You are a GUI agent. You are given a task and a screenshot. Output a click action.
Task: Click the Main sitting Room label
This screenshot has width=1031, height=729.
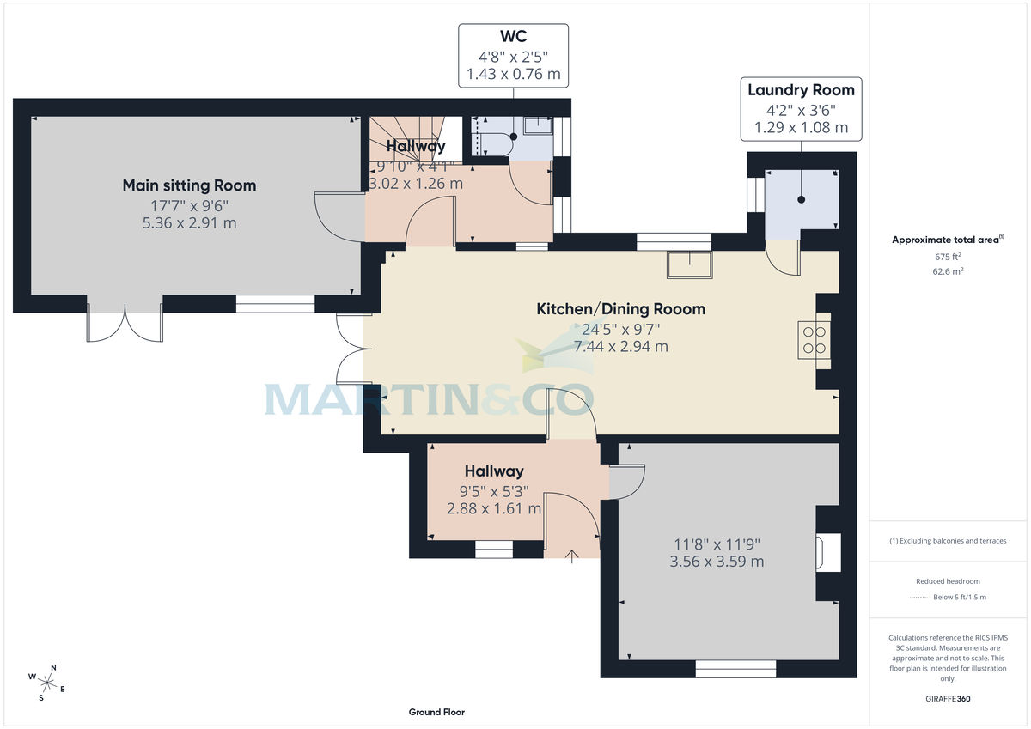tap(189, 185)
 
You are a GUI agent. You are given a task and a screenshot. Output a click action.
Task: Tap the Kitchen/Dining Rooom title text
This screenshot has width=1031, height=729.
tap(620, 309)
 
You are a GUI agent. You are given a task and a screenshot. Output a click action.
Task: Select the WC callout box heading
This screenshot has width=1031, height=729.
tap(513, 38)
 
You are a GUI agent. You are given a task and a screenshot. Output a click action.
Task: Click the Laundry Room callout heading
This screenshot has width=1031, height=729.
tap(801, 90)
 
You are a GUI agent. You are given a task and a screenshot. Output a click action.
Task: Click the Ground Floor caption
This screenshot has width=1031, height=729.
tap(436, 712)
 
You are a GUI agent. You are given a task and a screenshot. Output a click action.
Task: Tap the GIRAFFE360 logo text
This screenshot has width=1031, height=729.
tap(949, 699)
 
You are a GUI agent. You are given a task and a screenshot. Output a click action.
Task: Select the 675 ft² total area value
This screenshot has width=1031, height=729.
tap(949, 257)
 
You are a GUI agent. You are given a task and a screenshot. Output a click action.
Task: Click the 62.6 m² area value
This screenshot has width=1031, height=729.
tap(949, 271)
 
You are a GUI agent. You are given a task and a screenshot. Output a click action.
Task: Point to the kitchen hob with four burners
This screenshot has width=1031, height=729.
tap(815, 338)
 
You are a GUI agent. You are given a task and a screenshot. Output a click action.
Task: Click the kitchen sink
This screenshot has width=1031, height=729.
tap(689, 265)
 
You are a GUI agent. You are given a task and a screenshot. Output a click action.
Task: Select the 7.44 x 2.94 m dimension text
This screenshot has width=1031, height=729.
tap(620, 347)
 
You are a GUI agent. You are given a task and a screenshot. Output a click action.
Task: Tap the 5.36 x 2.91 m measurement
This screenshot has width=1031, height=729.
tap(189, 223)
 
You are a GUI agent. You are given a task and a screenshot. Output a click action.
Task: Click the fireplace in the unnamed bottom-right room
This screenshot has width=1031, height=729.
tap(828, 552)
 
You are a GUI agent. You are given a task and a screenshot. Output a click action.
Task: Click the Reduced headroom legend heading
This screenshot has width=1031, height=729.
tap(948, 581)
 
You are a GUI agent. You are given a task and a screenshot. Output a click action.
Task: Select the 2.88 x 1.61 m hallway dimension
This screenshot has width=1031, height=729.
tap(493, 508)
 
